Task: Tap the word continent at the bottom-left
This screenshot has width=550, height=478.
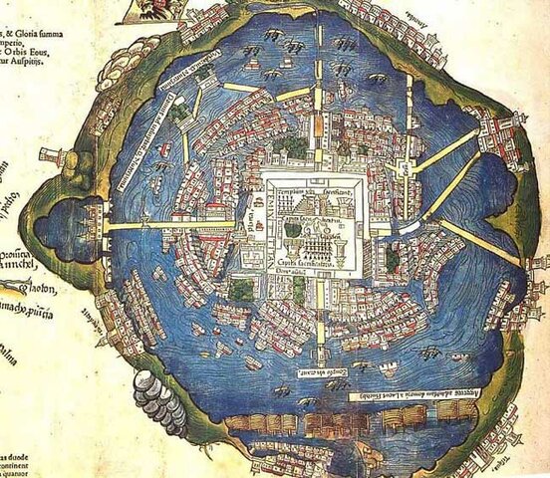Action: point(19,459)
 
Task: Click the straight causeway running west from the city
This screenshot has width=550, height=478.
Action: point(169,226)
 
